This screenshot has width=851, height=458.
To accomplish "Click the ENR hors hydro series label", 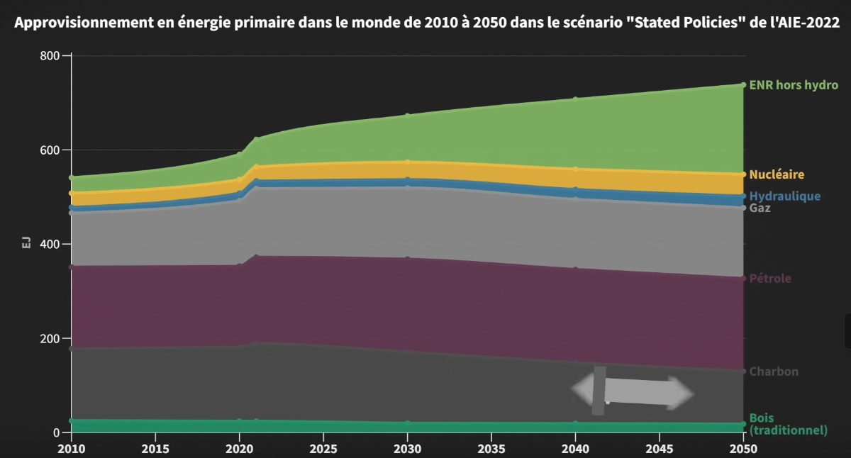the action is (794, 85).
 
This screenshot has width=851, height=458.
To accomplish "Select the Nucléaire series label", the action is (777, 174).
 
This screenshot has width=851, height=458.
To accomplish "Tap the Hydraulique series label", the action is (785, 196).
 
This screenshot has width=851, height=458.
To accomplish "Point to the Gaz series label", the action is (760, 208).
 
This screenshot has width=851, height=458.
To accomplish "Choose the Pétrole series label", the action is (770, 279).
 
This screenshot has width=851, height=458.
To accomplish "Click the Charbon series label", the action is (774, 372).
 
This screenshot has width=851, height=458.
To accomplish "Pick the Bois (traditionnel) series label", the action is (789, 424).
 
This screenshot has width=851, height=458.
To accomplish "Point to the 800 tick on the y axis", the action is (50, 56).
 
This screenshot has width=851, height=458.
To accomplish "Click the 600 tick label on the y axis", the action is (50, 150).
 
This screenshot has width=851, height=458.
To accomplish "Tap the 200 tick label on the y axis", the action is (50, 338).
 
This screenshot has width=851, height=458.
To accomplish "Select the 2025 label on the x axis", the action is (323, 449).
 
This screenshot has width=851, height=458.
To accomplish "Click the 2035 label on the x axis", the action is (491, 449).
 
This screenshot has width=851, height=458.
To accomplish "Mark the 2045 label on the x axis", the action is (660, 449).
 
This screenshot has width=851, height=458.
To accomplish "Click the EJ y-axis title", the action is (26, 242).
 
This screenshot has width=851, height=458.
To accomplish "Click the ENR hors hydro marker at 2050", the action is (743, 85).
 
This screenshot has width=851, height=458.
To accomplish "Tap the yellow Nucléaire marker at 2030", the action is (408, 162).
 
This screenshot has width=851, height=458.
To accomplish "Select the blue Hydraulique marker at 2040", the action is (576, 189).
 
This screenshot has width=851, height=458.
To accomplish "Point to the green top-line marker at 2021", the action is (256, 140).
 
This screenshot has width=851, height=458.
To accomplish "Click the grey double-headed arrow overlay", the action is (633, 391).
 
